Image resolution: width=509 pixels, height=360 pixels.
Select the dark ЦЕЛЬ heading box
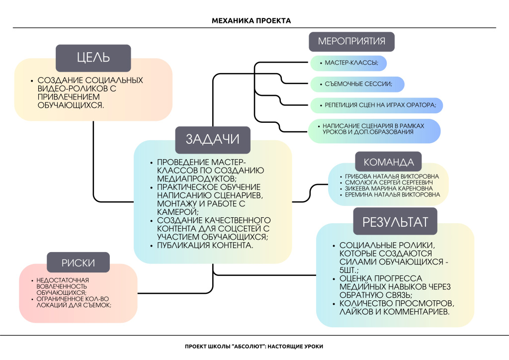click(x=93, y=57)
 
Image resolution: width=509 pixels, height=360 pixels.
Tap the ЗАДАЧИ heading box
click(x=212, y=139)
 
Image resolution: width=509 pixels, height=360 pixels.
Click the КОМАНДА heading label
click(x=389, y=162)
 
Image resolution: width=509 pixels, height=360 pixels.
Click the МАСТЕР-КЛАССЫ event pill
click(x=348, y=64)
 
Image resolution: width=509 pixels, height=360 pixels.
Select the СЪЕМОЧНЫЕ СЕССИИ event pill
click(x=357, y=85)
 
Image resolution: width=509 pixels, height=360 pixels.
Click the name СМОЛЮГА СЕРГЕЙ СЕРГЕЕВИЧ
click(x=388, y=183)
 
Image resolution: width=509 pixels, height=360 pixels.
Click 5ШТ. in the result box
click(x=352, y=270)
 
